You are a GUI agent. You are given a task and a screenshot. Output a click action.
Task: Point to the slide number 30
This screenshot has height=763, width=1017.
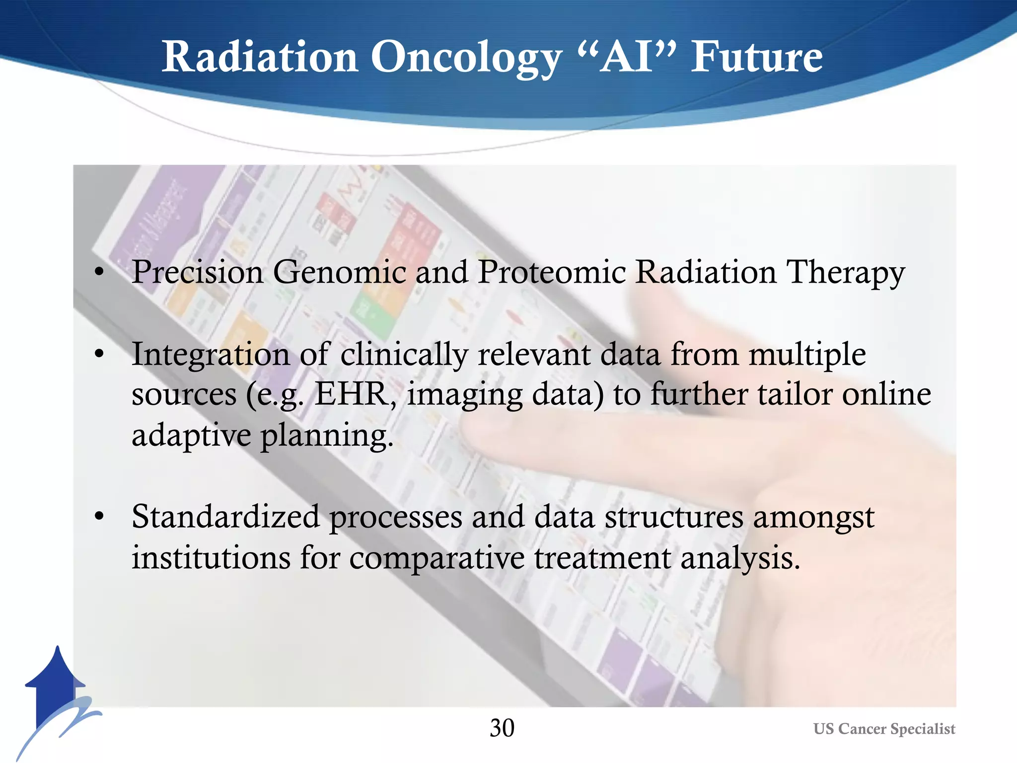coord(502,728)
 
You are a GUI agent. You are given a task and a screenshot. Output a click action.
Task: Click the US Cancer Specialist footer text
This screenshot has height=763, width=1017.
coord(884,729)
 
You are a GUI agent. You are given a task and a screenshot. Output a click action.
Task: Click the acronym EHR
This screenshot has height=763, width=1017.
coord(353,394)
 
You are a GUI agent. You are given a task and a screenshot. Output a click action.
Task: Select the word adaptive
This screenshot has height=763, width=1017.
coord(191,435)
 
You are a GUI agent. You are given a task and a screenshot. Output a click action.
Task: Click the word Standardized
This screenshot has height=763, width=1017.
coord(225,517)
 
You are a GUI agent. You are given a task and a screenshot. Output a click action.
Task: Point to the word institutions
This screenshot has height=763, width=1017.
coord(211,557)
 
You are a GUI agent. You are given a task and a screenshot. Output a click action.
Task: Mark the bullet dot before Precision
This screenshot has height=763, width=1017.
coord(99,272)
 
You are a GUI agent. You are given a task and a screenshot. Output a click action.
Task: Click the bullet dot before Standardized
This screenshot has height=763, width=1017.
coord(99,517)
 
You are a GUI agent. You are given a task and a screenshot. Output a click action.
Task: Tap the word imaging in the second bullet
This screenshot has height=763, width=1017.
coord(464,395)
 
